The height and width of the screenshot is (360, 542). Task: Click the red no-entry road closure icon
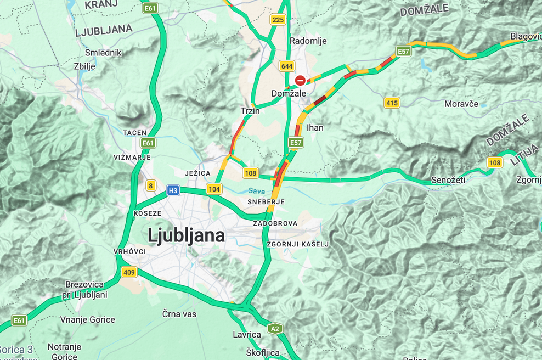tap(300, 81)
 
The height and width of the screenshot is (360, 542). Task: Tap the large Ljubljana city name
tap(186, 235)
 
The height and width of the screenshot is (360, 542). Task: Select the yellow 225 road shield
tap(278, 20)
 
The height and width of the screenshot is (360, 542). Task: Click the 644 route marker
tap(286, 66)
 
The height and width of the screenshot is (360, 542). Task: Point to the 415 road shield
tap(392, 103)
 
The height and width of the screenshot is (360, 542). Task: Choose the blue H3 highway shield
tap(173, 190)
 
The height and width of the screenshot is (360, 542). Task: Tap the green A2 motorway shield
tap(275, 329)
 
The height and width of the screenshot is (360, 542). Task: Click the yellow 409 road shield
tap(129, 272)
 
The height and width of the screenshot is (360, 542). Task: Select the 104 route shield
tap(214, 189)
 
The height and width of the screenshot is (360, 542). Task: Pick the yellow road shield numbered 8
tap(150, 185)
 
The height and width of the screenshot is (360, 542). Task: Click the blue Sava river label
tap(256, 191)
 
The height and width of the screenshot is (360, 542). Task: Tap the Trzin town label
tap(250, 111)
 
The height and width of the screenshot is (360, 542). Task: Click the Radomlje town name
tap(308, 41)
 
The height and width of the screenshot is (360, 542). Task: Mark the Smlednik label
tap(103, 53)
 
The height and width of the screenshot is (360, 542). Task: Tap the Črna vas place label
tap(179, 314)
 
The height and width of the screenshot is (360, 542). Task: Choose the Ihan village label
tap(315, 127)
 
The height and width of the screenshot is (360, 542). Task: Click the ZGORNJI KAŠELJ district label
tap(297, 244)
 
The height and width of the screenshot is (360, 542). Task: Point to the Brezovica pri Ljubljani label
tap(86, 289)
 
